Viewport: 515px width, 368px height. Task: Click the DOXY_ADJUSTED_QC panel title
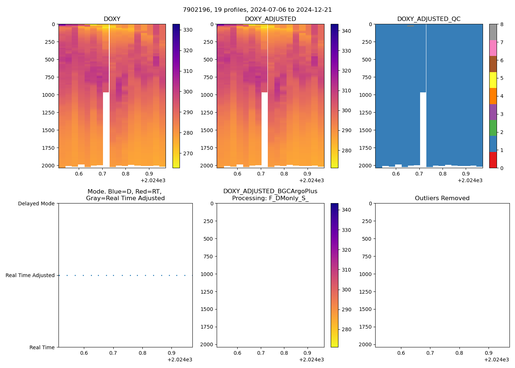(429, 19)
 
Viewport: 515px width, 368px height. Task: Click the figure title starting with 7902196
(257, 10)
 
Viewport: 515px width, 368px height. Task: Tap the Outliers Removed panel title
(442, 198)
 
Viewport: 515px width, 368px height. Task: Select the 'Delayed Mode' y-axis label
(36, 204)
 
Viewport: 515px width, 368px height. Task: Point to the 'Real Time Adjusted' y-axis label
(30, 275)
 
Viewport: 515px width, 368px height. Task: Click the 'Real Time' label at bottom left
(42, 347)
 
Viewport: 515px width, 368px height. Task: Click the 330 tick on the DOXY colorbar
(188, 30)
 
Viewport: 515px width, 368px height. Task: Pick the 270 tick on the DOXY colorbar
(188, 153)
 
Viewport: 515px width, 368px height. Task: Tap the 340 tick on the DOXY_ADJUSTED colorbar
(346, 31)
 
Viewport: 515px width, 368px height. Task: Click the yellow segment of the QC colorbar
(493, 80)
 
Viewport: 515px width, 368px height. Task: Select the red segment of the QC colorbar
(493, 160)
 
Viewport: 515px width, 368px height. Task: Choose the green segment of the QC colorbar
(493, 128)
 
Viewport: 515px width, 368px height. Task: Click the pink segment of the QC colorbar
(493, 48)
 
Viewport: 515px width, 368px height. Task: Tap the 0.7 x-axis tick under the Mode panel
(113, 353)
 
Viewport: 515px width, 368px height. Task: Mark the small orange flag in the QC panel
(411, 26)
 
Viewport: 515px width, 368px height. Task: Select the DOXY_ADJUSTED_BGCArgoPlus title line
(270, 191)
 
